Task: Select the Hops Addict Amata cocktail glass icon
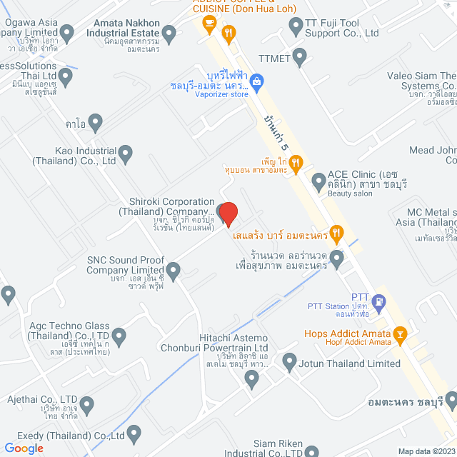point(401,333)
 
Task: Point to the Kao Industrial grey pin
point(125,152)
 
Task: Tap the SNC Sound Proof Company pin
point(173,270)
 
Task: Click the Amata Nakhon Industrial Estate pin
point(169,33)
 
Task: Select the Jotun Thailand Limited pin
point(289,363)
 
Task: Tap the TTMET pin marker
point(300,56)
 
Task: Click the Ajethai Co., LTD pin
point(87,406)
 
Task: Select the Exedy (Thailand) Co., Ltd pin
point(134,434)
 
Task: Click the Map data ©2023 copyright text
point(426,451)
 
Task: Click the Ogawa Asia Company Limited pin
point(67,33)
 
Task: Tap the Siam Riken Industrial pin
point(311,451)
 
